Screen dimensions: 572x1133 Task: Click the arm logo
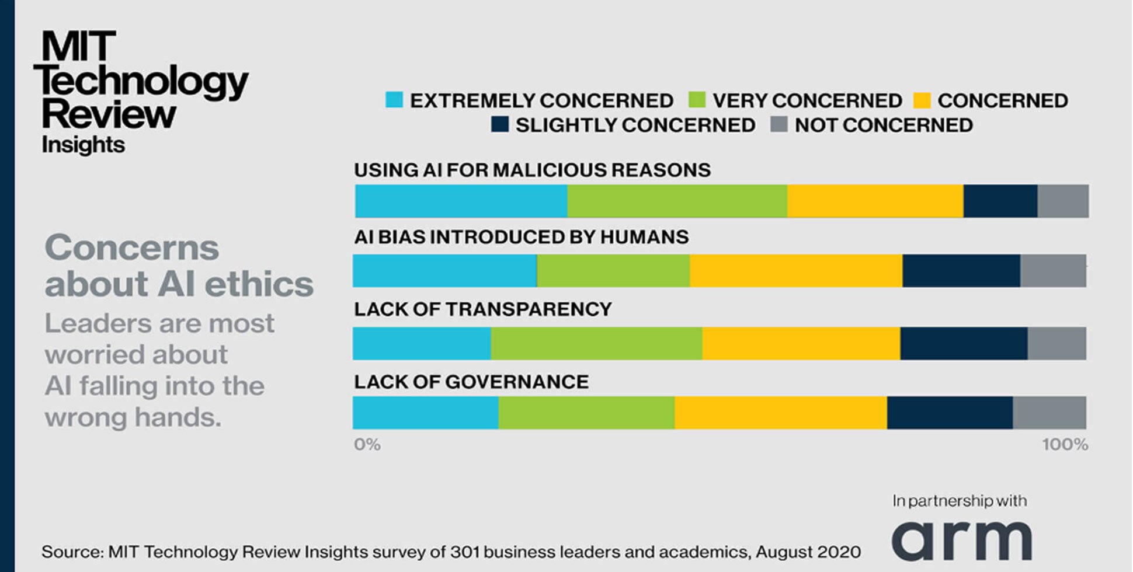[x=961, y=540]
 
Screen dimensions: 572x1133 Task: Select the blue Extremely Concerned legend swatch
[x=394, y=100]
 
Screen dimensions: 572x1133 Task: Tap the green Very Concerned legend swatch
[x=697, y=100]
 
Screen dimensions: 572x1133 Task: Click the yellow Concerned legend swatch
[x=922, y=100]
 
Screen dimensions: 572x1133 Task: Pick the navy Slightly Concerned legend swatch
[x=500, y=124]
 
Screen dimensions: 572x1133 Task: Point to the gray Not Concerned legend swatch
[x=779, y=124]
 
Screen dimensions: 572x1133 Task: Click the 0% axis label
[x=367, y=445]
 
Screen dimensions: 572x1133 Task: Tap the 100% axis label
[x=1065, y=445]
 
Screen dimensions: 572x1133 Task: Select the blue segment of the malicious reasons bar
[x=461, y=201]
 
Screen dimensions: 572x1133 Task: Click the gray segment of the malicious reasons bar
[x=1062, y=201]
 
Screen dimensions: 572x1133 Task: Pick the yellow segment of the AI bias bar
[x=795, y=271]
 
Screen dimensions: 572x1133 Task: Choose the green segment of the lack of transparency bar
[x=596, y=343]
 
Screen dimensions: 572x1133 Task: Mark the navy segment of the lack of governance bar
[x=950, y=413]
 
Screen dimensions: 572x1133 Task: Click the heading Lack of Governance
[x=471, y=382]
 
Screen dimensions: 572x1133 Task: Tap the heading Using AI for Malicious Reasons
[x=532, y=170]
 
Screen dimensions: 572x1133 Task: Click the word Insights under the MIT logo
[x=83, y=145]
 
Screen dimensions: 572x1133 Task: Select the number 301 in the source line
[x=465, y=552]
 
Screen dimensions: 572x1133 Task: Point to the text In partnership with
[x=959, y=501]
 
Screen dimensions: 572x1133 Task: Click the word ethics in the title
[x=259, y=284]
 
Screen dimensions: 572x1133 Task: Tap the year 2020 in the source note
[x=839, y=552]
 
